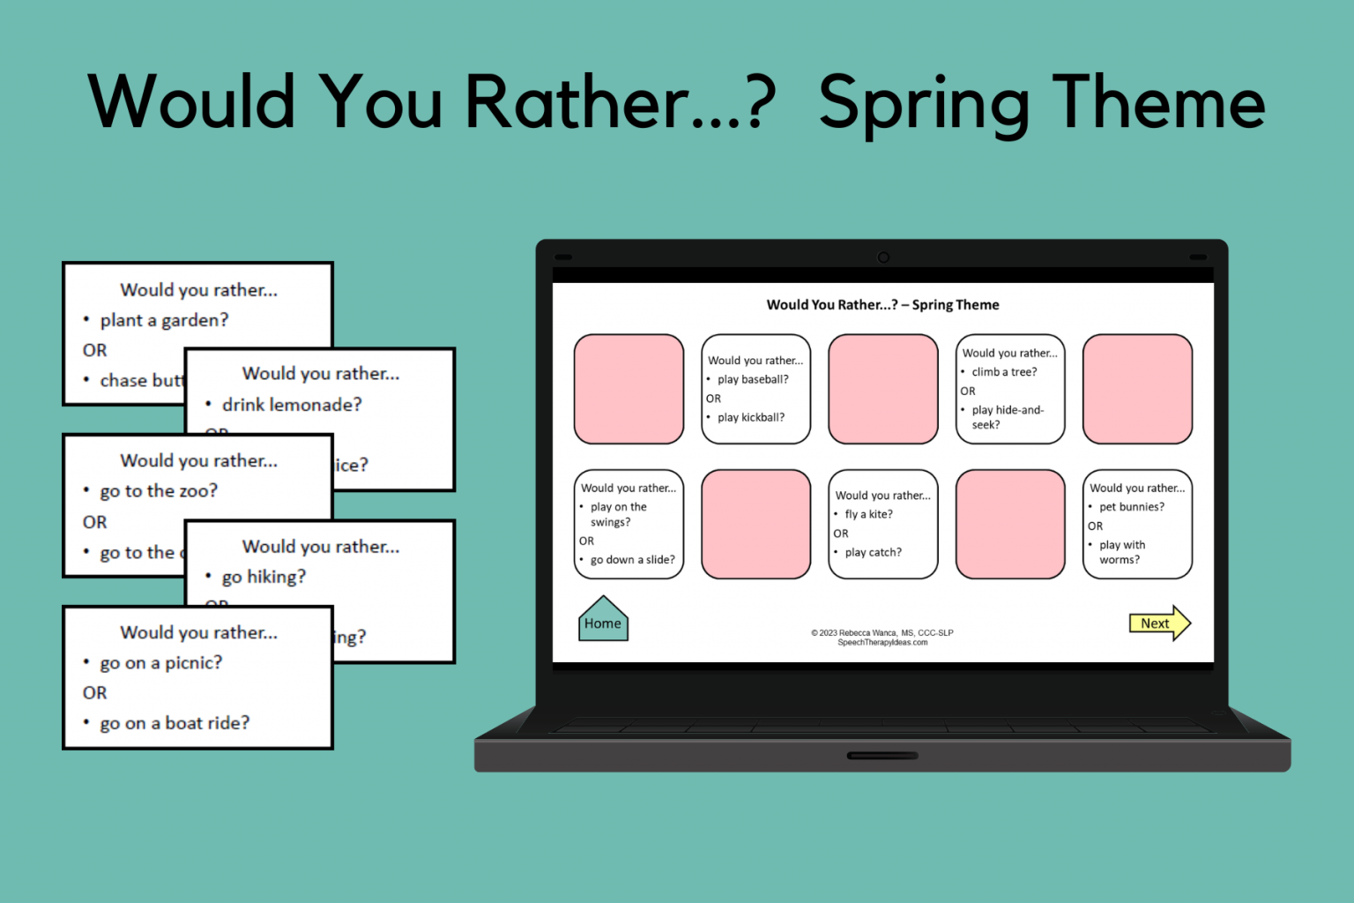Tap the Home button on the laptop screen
(603, 621)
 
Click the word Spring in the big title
(924, 104)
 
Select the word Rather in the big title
(577, 102)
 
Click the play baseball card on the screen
(755, 389)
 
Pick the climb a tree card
(1010, 389)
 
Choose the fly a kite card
(882, 525)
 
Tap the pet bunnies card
(1137, 525)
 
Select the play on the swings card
(629, 525)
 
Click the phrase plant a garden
(164, 320)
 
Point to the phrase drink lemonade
(292, 405)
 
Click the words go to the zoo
(159, 491)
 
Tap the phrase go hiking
(264, 577)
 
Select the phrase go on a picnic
(161, 663)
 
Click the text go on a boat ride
(175, 723)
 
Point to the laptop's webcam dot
(883, 257)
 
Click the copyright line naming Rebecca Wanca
(882, 632)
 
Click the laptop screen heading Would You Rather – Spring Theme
(882, 305)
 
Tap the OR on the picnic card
(95, 693)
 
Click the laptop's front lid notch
(882, 756)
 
